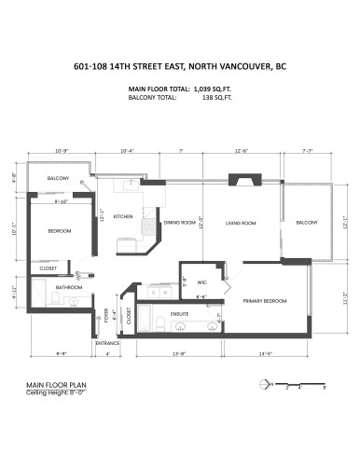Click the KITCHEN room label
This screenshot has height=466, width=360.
(123, 216)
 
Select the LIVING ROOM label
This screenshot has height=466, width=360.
(242, 223)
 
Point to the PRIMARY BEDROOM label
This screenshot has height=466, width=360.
(264, 301)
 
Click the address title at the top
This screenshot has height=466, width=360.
(180, 66)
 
